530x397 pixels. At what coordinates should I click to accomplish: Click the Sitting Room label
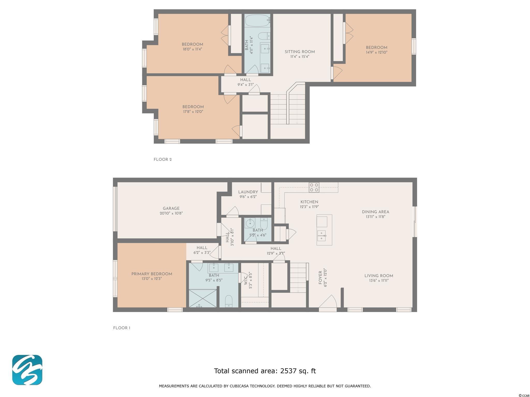pos(300,52)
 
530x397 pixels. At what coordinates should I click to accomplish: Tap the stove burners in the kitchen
pos(314,187)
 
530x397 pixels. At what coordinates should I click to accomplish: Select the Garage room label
pos(171,209)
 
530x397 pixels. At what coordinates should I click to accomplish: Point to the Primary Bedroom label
pos(152,274)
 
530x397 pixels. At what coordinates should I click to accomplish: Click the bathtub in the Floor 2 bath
pos(258,20)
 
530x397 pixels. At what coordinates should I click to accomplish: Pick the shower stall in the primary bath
pos(203,298)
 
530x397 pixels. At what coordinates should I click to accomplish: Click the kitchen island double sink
pos(322,235)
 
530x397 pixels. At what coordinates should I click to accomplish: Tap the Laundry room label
pos(248,192)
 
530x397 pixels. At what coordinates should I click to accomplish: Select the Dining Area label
pos(376,212)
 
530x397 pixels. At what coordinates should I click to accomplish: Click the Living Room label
pos(379,276)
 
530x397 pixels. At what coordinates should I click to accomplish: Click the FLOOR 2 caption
pos(163,159)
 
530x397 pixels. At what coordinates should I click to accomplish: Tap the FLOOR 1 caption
pos(122,328)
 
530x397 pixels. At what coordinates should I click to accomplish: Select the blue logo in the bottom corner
pos(27,370)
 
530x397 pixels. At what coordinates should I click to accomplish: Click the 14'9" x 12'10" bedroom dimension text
pos(377,52)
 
